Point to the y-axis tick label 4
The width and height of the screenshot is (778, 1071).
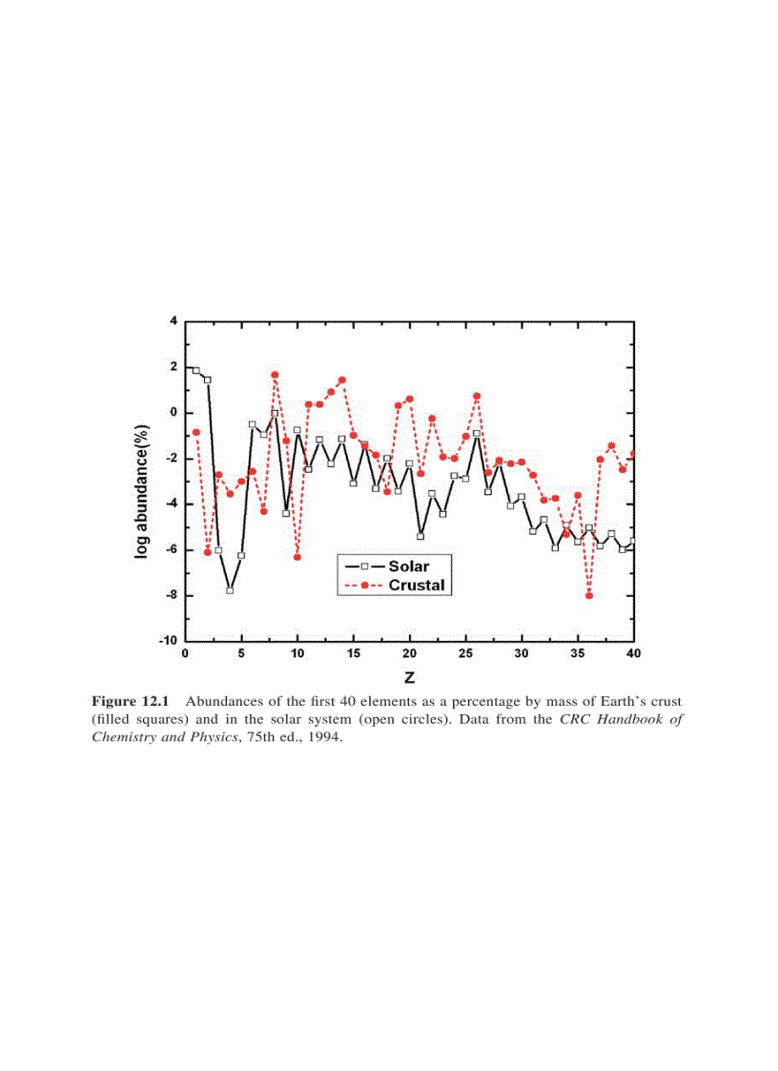(174, 321)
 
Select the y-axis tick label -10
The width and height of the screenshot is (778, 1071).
(169, 641)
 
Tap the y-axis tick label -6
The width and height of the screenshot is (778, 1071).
(172, 549)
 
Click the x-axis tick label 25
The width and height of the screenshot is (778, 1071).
(465, 653)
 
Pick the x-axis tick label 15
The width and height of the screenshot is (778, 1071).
(353, 653)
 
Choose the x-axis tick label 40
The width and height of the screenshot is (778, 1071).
(633, 653)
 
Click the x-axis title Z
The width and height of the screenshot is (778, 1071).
(408, 678)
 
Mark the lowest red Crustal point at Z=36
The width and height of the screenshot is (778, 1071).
(589, 595)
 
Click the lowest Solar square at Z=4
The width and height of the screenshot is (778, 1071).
(230, 590)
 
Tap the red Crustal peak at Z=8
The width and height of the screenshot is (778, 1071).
(275, 375)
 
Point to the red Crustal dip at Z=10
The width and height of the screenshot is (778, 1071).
(297, 557)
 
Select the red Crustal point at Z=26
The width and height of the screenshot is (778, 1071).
(477, 396)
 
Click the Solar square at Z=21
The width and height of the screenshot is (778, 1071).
(420, 536)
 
